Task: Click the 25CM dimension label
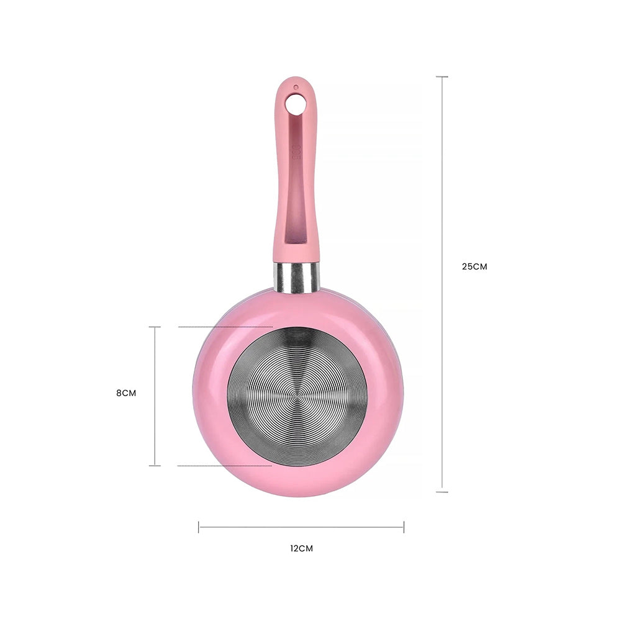coord(474,266)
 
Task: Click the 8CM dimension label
coord(126,393)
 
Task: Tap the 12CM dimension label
coord(301,548)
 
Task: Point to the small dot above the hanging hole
coord(296,87)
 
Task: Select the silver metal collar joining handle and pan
coord(296,277)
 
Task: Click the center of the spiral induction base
coord(297,396)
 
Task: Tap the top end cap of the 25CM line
coord(442,76)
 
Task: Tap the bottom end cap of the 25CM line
coord(442,492)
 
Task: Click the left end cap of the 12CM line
coord(199,527)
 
